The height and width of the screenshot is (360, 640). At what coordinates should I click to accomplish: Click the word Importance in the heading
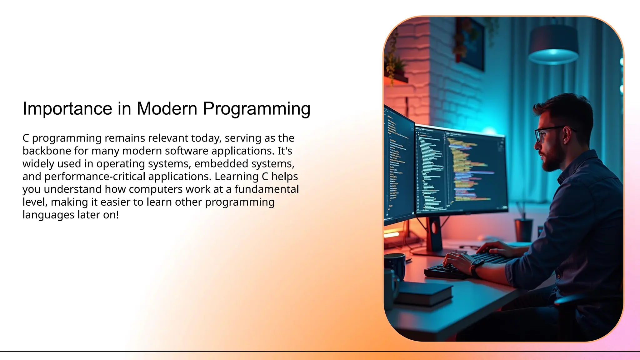pos(67,109)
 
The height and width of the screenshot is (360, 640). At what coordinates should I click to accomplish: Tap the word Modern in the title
pos(167,109)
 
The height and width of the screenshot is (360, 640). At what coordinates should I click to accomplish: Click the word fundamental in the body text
pos(267,189)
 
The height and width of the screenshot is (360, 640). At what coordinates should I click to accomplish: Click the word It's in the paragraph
pos(284,151)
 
